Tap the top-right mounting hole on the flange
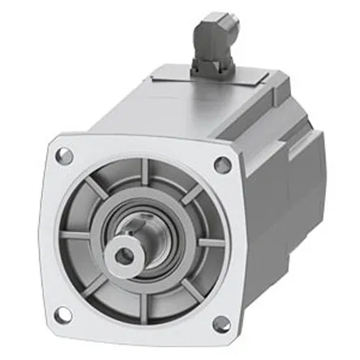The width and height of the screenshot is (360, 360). (223, 165)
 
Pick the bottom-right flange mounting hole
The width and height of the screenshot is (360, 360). (219, 325)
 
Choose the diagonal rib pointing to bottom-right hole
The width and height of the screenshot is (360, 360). (180, 292)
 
